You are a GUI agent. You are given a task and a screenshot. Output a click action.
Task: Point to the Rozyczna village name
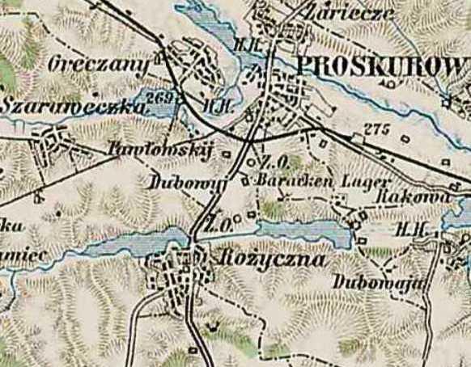pos(271,260)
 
